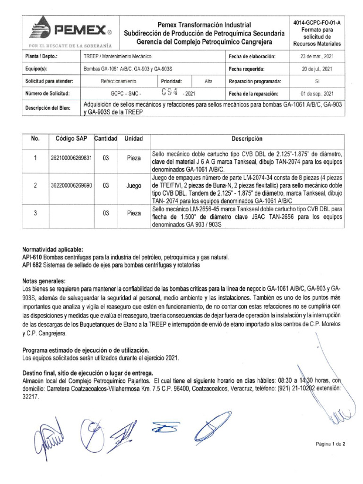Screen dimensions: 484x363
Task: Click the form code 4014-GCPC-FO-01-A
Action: point(317,22)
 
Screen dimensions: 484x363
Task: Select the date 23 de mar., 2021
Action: point(317,56)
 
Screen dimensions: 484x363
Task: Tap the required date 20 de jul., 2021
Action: point(317,69)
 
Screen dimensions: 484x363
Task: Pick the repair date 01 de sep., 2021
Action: point(317,94)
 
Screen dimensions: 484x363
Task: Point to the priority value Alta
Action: point(208,81)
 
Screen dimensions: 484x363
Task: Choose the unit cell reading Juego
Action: point(134,186)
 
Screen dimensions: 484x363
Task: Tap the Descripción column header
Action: point(246,139)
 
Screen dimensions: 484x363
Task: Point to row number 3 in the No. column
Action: point(35,213)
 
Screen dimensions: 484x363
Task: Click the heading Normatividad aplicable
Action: point(52,249)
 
